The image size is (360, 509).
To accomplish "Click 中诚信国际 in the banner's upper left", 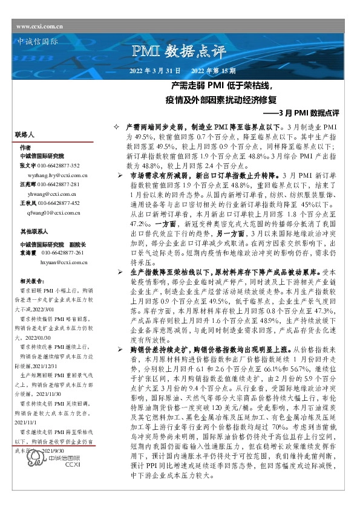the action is pos(37,43).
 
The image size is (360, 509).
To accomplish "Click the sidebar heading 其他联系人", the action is pos(33,232).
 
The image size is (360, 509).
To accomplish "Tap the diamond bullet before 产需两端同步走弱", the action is pos(117,129).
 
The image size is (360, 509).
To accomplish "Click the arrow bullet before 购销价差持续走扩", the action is pos(120,350).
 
